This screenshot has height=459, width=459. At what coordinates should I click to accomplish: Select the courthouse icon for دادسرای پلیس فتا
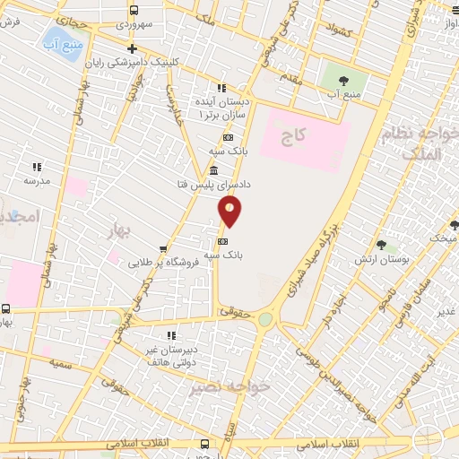click(x=213, y=171)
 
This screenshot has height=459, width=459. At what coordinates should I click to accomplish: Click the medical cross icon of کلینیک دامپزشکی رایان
click(x=132, y=49)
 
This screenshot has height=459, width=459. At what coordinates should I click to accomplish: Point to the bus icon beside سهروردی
click(x=134, y=11)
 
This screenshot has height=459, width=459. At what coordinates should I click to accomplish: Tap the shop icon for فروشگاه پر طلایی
click(x=163, y=250)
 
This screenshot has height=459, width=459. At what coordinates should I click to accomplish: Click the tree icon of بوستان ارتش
click(x=380, y=245)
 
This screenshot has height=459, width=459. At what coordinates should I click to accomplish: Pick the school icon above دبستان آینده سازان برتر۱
click(x=221, y=88)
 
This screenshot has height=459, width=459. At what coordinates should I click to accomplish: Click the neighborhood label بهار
click(x=117, y=231)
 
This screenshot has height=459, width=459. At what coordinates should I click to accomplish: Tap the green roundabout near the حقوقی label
click(x=264, y=318)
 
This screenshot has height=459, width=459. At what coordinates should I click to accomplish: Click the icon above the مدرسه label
click(x=37, y=166)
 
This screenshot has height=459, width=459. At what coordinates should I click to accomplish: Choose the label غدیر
click(x=446, y=311)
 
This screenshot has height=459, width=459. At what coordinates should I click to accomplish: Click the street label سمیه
click(x=61, y=363)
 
